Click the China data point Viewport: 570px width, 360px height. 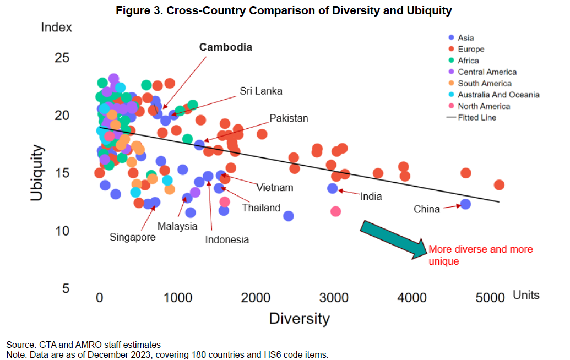(x=465, y=204)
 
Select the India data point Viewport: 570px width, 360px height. (x=333, y=188)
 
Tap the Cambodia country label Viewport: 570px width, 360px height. (x=226, y=47)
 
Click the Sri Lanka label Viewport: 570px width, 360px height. (x=260, y=91)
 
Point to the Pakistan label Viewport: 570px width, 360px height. (x=289, y=118)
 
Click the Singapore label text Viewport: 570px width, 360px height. (x=133, y=237)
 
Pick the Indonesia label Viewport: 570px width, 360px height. (x=227, y=239)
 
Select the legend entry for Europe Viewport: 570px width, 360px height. (x=471, y=49)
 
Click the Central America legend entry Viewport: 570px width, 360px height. (x=487, y=72)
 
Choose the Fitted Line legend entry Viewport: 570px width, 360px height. (x=477, y=118)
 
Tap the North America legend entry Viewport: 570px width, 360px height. (x=484, y=106)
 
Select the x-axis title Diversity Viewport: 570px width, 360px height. (x=299, y=319)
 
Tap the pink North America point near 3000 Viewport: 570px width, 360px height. (x=336, y=211)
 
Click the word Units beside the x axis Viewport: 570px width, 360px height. (x=526, y=296)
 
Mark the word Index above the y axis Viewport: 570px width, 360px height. (x=57, y=26)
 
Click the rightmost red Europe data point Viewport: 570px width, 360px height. (x=499, y=185)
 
